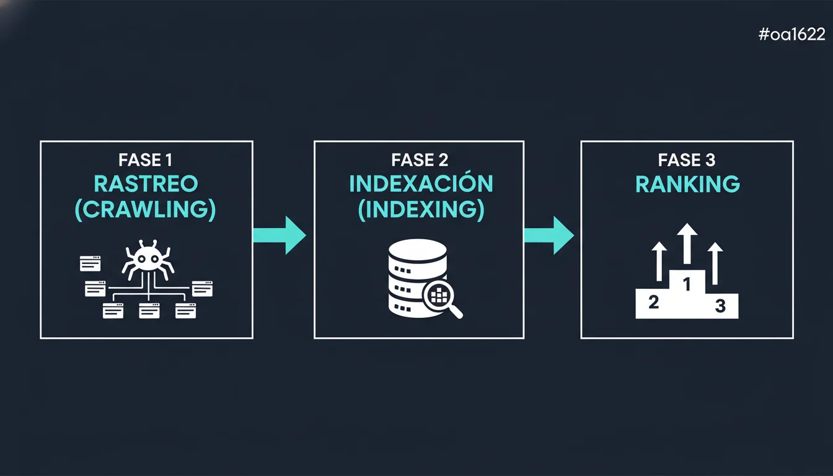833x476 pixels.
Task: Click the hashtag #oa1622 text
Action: [x=791, y=35]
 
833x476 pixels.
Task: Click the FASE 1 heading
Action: [x=146, y=161]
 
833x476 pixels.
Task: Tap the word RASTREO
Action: [x=146, y=184]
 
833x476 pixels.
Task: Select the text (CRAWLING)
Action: [x=146, y=209]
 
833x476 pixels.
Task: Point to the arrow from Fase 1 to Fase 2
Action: [x=280, y=235]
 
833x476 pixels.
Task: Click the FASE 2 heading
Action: [x=420, y=161]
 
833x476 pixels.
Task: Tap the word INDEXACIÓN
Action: [x=421, y=184]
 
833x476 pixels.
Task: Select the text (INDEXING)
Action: [x=421, y=209]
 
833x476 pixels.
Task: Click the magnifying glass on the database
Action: [x=442, y=298]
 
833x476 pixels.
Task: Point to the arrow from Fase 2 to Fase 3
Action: [x=549, y=235]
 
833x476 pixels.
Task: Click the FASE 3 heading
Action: [x=687, y=161]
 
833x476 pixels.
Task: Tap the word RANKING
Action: [x=687, y=184]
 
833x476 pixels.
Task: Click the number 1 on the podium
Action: [x=687, y=284]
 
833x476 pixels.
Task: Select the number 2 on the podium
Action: [x=653, y=302]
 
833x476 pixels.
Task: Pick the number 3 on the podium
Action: [x=720, y=306]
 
